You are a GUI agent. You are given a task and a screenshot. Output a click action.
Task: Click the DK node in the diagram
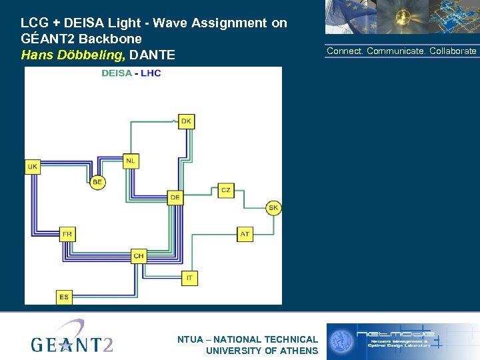coord(186,121)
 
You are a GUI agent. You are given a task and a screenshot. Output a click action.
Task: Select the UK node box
coord(33,166)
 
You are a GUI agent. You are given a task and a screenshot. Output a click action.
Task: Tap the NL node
coord(131,161)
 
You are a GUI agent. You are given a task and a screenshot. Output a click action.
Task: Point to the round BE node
coord(97,182)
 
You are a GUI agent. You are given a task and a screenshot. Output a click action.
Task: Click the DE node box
coord(175,197)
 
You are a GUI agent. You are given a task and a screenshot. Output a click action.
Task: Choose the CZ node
coord(226,191)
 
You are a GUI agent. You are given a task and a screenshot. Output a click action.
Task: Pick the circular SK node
coord(273,208)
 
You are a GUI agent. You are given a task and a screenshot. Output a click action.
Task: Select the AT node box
coord(245,234)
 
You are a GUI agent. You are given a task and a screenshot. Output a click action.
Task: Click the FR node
coord(67,234)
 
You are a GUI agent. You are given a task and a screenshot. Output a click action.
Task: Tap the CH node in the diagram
coord(139,255)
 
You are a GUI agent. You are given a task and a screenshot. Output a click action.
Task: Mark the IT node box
coord(189,277)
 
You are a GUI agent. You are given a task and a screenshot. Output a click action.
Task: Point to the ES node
coord(64,297)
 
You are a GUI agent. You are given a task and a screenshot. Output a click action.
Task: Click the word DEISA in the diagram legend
coord(116,73)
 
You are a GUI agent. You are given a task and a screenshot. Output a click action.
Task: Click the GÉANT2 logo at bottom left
coord(72,338)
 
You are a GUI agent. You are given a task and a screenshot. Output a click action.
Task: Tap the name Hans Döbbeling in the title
coord(73,55)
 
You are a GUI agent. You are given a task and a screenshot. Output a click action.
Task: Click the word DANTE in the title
coord(153,55)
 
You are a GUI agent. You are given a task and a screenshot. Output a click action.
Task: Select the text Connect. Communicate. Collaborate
coord(401,51)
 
